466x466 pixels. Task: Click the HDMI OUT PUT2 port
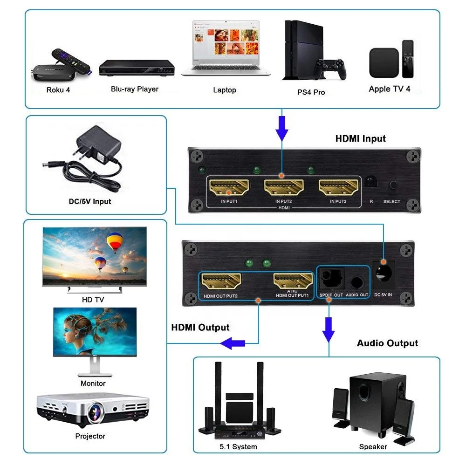(x=221, y=281)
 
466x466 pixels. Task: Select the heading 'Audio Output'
(x=387, y=343)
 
